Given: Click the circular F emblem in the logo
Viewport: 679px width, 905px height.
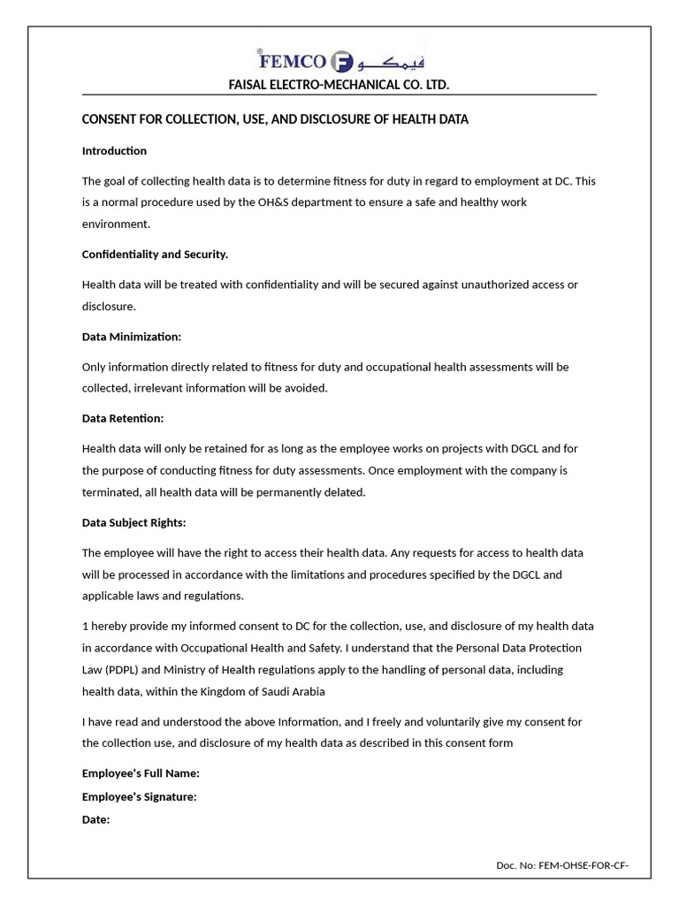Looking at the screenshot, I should [x=342, y=62].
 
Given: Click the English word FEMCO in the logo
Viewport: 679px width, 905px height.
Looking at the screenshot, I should [x=292, y=62].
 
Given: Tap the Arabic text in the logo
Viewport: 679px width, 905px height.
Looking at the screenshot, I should [x=390, y=61].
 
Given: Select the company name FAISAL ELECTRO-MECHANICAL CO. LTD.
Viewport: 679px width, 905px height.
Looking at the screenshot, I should [x=339, y=85].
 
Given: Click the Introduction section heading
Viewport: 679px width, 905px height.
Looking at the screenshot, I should [x=114, y=151].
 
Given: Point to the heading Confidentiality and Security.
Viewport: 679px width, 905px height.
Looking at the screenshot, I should [x=155, y=255].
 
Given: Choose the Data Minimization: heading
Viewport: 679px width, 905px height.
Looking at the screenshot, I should [x=132, y=337].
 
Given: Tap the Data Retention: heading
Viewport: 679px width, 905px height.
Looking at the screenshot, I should [x=123, y=418].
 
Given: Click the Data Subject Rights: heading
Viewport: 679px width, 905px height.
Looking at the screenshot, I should [x=134, y=522].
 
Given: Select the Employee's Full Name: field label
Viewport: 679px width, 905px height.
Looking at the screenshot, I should [x=141, y=773].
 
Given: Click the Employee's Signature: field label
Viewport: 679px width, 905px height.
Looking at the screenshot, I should [x=139, y=797].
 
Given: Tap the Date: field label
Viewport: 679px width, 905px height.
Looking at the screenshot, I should [x=95, y=820].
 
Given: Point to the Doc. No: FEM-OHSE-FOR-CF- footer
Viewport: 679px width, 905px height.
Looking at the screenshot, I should [x=562, y=865].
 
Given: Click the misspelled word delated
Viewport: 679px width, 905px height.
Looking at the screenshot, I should [x=344, y=492].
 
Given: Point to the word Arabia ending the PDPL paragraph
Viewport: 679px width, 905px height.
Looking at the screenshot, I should [x=306, y=691].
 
